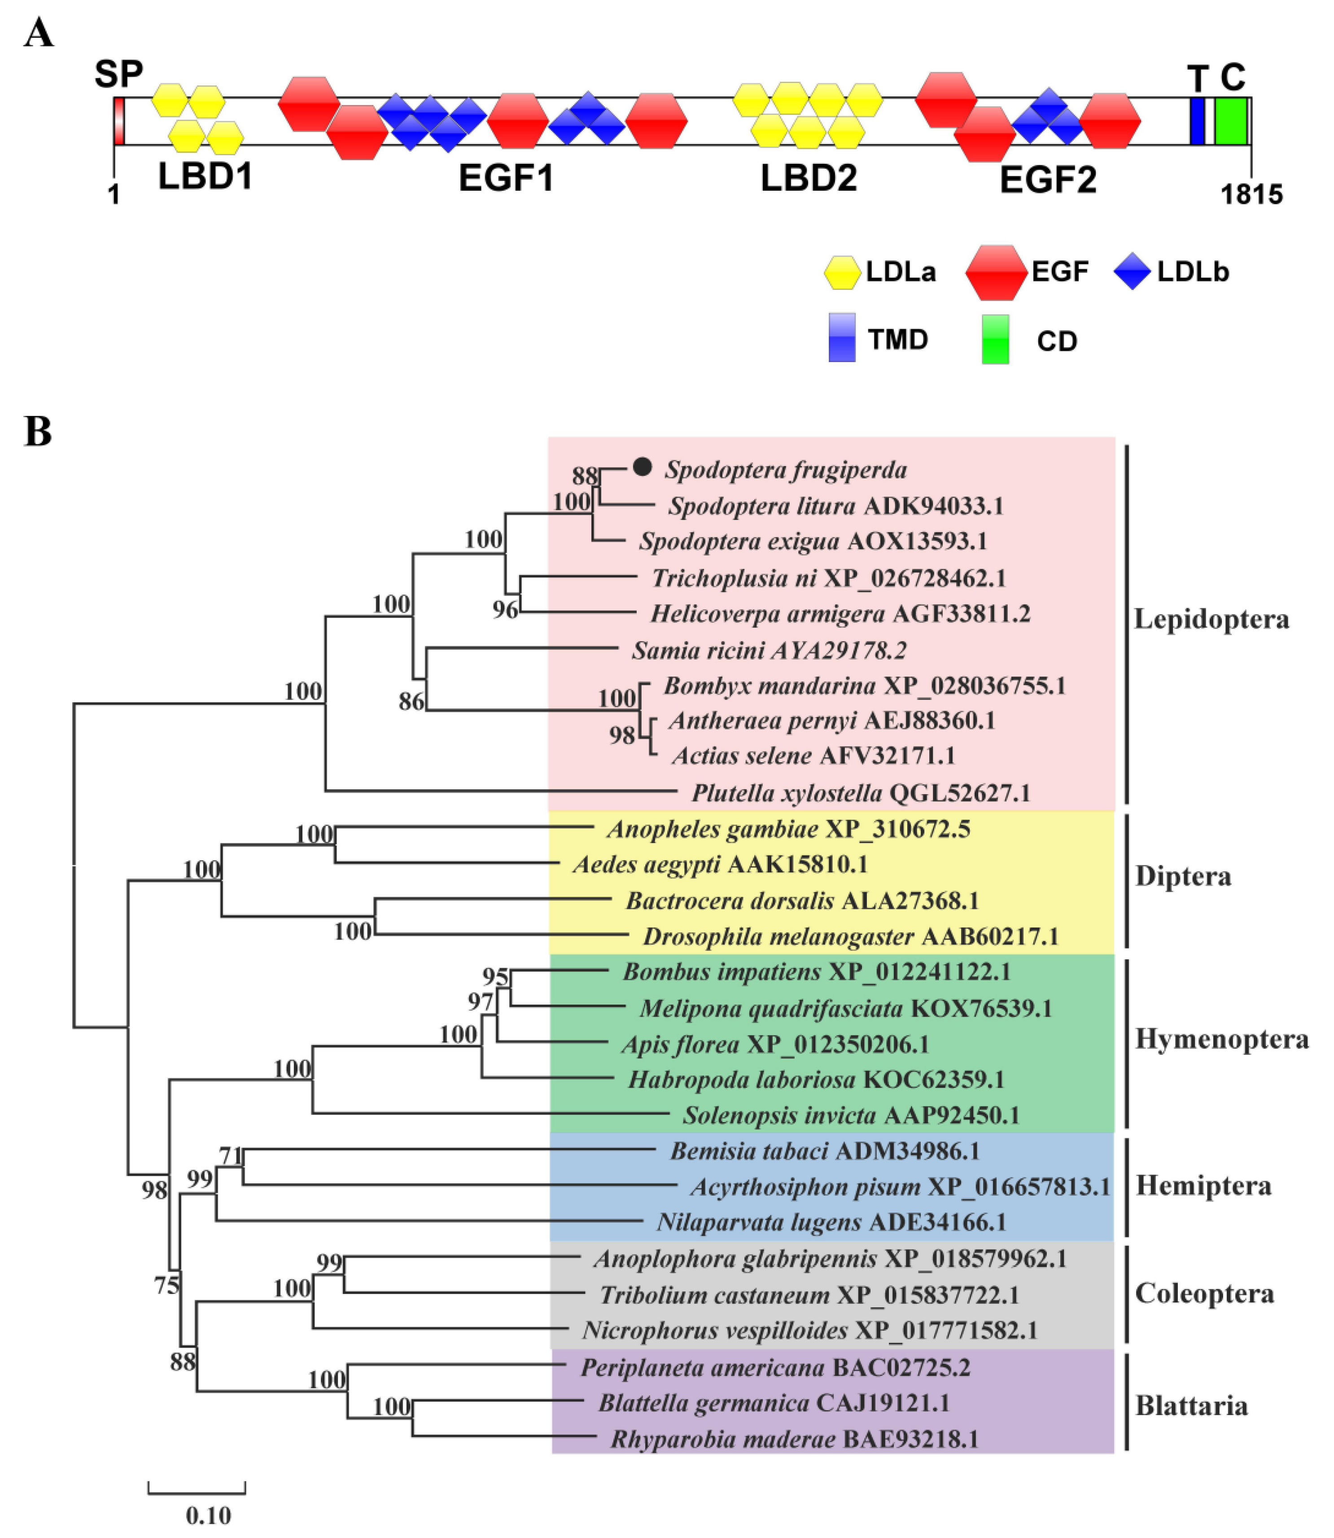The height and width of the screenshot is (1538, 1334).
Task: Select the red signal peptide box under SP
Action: [x=119, y=121]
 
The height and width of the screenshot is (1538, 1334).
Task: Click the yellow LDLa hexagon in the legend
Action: [x=842, y=272]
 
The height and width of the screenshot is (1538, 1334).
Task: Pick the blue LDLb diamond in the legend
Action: [x=1132, y=272]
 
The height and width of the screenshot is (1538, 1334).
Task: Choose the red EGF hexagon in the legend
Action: [x=995, y=272]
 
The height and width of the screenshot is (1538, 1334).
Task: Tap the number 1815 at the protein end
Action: [x=1251, y=195]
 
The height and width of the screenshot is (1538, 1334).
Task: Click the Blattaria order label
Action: [x=1191, y=1406]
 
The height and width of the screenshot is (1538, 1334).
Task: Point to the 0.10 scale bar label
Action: [x=209, y=1515]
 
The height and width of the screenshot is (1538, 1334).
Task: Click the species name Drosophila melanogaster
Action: [x=778, y=936]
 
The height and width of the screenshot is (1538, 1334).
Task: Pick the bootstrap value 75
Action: [x=167, y=1286]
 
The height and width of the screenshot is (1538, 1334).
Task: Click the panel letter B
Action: [x=38, y=432]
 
